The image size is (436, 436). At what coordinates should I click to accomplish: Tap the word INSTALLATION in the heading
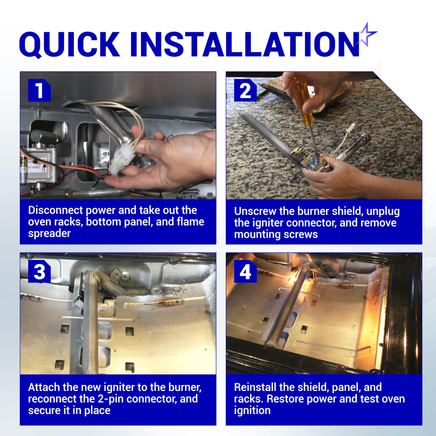point(245,44)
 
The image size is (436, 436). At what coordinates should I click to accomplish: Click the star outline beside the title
point(367,35)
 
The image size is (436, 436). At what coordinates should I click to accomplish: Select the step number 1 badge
point(39,90)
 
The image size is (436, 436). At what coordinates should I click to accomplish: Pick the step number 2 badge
point(245,90)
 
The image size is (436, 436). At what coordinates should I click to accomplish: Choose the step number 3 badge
point(39,271)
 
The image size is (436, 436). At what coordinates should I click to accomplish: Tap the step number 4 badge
point(245,271)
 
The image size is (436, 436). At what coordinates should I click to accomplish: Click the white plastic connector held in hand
point(121,160)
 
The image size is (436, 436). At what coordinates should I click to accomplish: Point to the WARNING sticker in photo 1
point(100,155)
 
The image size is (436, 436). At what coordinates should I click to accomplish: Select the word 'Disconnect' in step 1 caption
point(56,210)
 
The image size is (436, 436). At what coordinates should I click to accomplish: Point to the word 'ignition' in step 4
point(252,411)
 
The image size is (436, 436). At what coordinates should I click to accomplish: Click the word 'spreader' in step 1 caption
point(49,234)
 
